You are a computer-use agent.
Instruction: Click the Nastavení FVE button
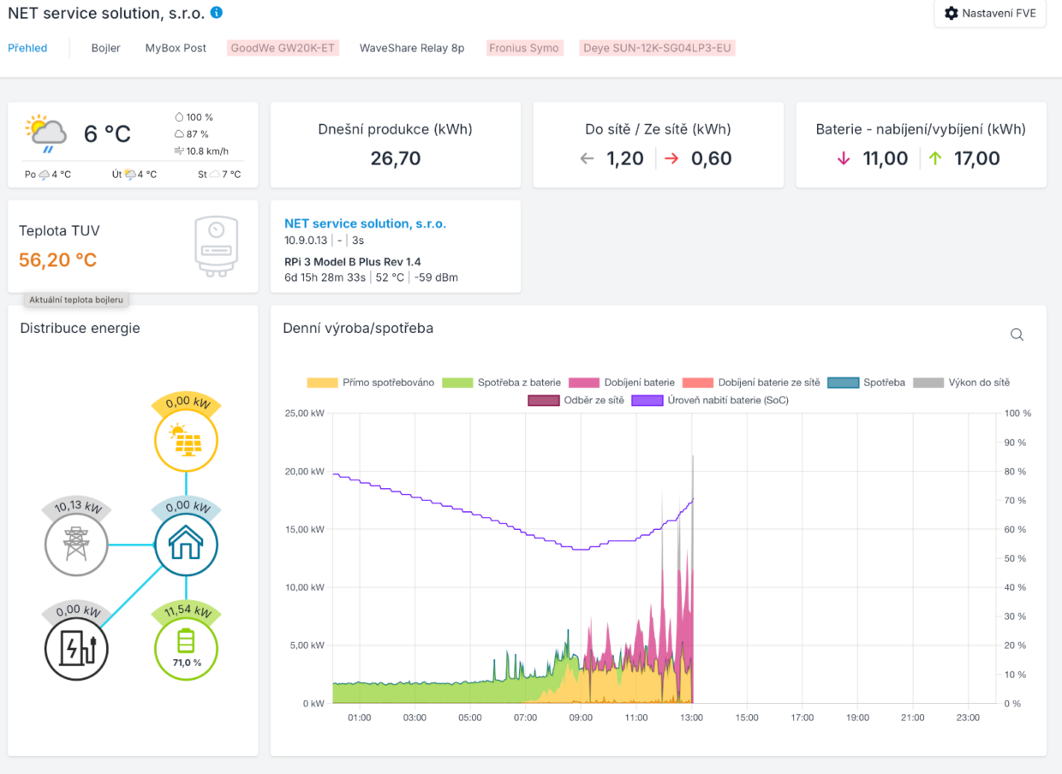(x=989, y=14)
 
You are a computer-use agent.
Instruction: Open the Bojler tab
(x=105, y=48)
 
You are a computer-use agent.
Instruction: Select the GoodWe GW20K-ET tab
(x=283, y=48)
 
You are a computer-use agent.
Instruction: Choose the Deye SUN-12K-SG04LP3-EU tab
(x=657, y=48)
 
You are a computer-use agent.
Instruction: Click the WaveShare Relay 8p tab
(x=412, y=48)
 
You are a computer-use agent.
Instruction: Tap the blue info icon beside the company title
(x=217, y=13)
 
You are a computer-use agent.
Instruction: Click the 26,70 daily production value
(x=396, y=158)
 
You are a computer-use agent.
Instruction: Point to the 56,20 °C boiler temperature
(x=58, y=260)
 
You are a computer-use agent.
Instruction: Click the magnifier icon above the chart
(x=1017, y=335)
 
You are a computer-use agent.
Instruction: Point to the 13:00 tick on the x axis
(x=691, y=717)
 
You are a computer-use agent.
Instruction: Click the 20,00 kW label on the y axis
(x=304, y=472)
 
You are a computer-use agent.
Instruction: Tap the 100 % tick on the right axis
(x=1016, y=414)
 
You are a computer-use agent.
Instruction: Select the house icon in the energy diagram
(x=186, y=544)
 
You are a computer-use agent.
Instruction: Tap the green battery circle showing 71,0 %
(x=186, y=646)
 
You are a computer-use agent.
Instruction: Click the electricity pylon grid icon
(x=76, y=544)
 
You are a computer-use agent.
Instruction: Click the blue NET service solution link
(x=365, y=223)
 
